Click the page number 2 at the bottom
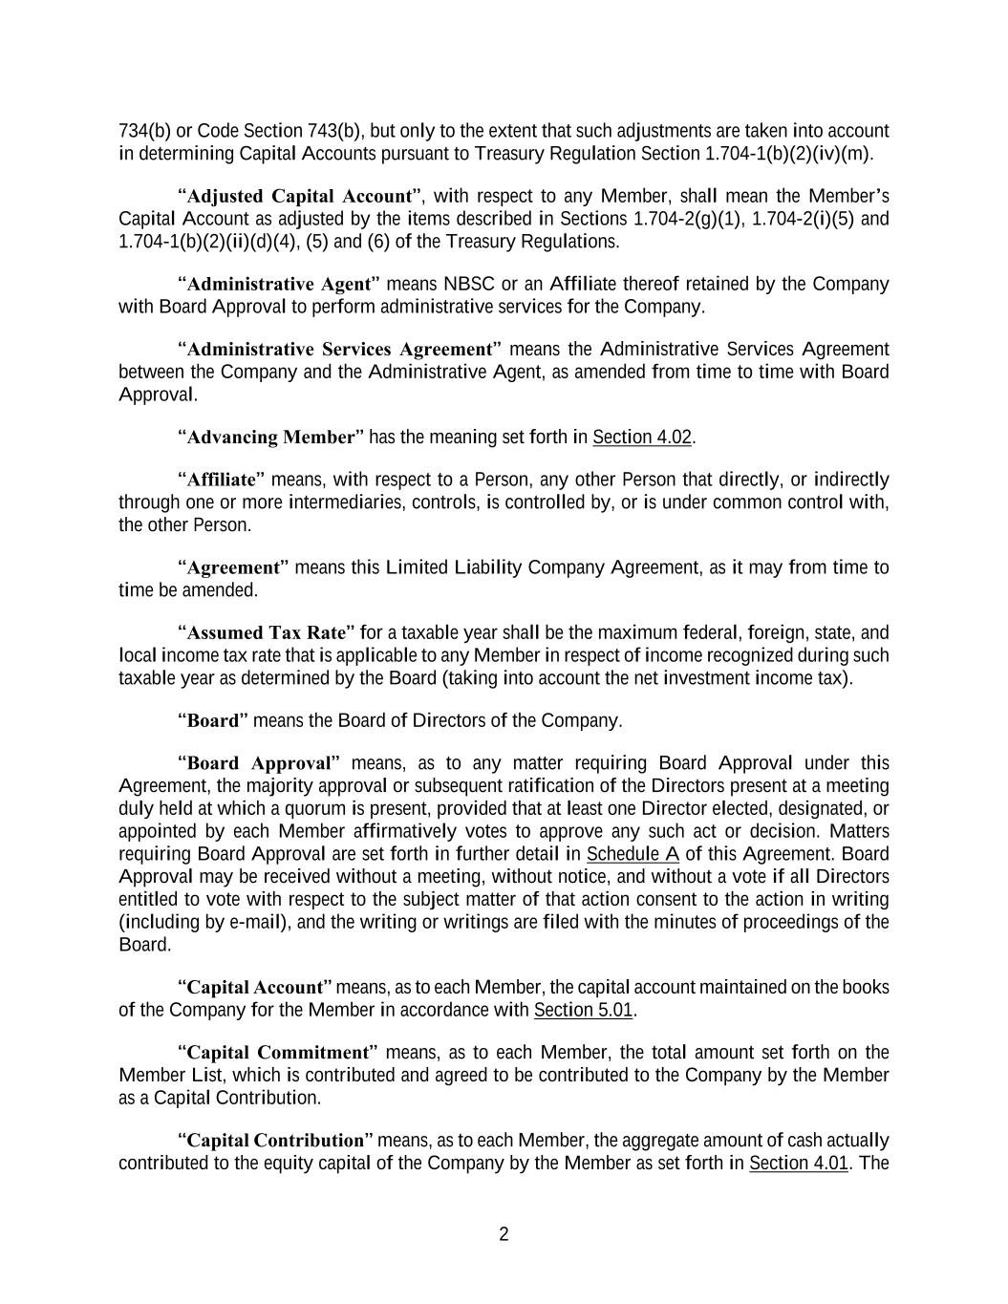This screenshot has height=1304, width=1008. pyautogui.click(x=504, y=1234)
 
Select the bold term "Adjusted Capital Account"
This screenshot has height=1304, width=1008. pyautogui.click(x=298, y=197)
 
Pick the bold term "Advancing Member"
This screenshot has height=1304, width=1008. pyautogui.click(x=270, y=438)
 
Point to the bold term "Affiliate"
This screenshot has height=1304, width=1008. pyautogui.click(x=222, y=480)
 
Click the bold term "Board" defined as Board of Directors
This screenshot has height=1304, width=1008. pyautogui.click(x=212, y=720)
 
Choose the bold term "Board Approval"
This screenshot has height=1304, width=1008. pyautogui.click(x=259, y=763)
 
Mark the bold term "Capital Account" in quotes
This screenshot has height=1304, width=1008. pyautogui.click(x=255, y=987)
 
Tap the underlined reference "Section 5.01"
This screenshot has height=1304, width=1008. pyautogui.click(x=584, y=1010)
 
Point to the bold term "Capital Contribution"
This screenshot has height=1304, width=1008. pyautogui.click(x=276, y=1141)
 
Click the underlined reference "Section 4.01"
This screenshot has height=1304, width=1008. pyautogui.click(x=799, y=1164)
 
